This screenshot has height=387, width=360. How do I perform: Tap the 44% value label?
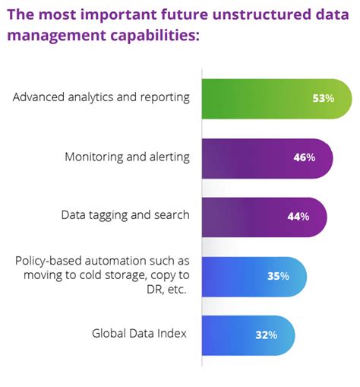point(298,217)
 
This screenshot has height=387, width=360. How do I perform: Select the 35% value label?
point(278,276)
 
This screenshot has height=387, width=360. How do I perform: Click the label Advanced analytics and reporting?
point(101,98)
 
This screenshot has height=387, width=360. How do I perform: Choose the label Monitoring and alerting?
point(126,157)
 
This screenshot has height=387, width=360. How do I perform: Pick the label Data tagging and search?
point(125,216)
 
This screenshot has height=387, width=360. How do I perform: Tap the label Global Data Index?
point(140,332)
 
